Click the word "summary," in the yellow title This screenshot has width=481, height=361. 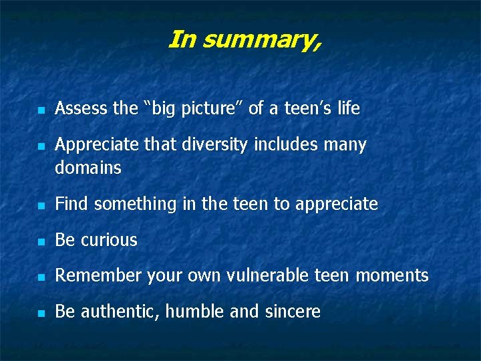tap(261, 41)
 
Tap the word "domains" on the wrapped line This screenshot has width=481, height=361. tap(88, 168)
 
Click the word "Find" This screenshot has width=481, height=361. tap(71, 204)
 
